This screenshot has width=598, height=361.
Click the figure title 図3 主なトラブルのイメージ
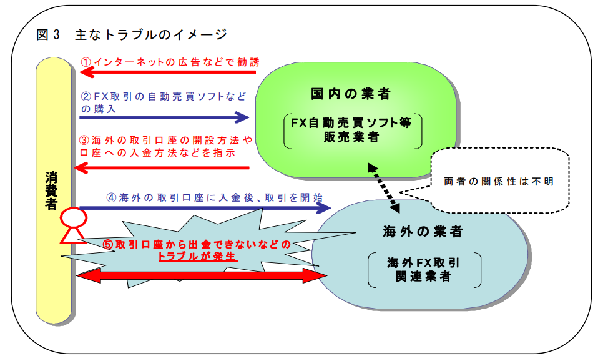[x=132, y=34]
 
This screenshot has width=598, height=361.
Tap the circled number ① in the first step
[x=86, y=62]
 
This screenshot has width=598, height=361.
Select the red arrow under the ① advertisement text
[x=168, y=73]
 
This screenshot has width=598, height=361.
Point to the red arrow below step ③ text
[x=162, y=167]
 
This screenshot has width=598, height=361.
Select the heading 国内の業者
[x=351, y=94]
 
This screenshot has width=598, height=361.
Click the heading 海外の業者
[x=423, y=232]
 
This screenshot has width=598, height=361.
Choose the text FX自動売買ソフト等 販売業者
[x=351, y=131]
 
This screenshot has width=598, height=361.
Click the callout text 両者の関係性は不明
[x=499, y=181]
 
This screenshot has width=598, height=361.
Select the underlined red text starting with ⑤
[x=197, y=250]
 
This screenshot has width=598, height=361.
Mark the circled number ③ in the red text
[x=86, y=140]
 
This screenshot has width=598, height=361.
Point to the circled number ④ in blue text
[x=111, y=197]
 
